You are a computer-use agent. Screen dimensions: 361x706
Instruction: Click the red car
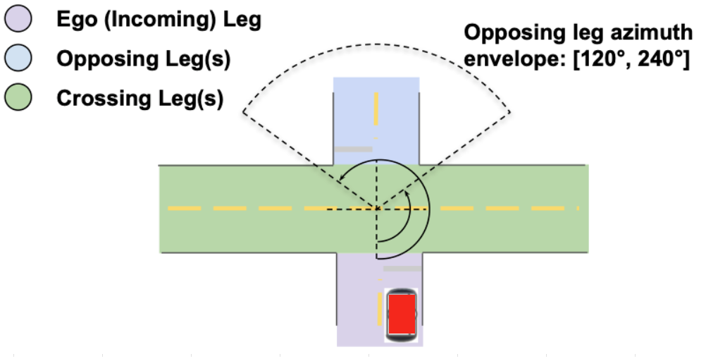pos(402,314)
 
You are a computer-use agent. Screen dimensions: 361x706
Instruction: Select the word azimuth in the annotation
pos(643,33)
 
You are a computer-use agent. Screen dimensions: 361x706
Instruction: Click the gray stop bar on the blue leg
pos(353,149)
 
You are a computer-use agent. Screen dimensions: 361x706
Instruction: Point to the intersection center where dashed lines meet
pos(376,209)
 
